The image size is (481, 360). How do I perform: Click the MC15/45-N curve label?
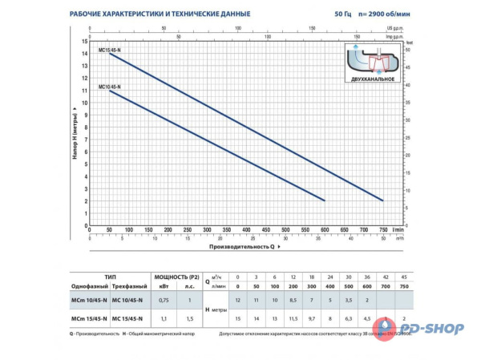[109, 50]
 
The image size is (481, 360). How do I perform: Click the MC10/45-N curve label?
[109, 87]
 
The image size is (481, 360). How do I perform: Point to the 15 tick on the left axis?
[85, 40]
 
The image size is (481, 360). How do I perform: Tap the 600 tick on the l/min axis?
[325, 229]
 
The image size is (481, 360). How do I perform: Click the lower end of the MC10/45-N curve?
[325, 200]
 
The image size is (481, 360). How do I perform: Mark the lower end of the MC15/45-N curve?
[382, 200]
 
